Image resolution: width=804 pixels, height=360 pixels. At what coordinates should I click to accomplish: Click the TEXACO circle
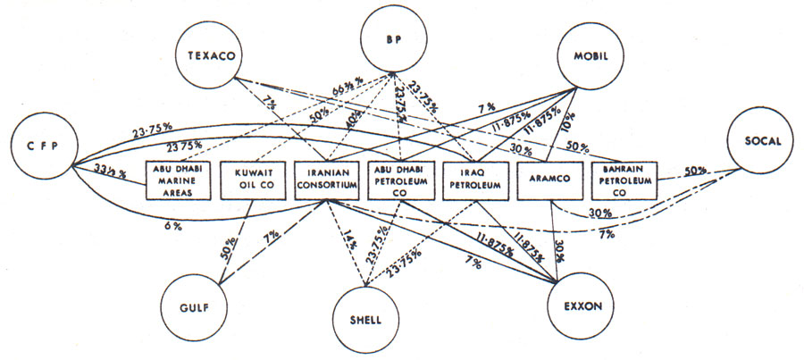coord(210,55)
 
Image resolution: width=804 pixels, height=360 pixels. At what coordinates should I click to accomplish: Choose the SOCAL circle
coord(761,143)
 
